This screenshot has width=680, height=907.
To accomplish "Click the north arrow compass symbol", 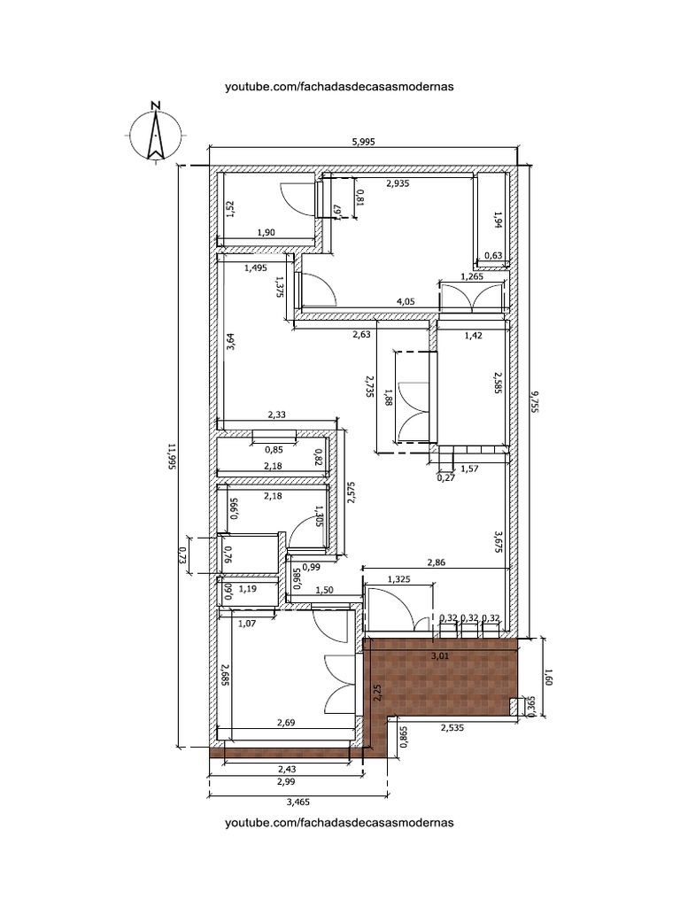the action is (x=155, y=135).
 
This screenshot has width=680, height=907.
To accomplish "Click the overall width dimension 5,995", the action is (x=363, y=142).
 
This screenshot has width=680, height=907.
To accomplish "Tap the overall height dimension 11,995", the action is (x=171, y=456).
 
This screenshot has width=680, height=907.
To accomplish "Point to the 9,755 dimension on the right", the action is (x=535, y=400).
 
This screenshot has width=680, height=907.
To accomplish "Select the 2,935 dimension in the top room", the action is (x=398, y=183).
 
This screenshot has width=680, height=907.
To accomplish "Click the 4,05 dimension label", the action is (x=406, y=302).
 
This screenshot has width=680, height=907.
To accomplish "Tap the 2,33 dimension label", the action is (x=277, y=415).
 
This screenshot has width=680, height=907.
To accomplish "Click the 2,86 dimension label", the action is (x=436, y=562).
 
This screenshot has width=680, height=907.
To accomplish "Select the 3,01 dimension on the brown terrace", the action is (x=441, y=656).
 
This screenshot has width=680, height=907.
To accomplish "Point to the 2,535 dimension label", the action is (x=452, y=728).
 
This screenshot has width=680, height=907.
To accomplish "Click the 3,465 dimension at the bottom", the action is (x=298, y=802).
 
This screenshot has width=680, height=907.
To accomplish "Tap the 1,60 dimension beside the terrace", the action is (x=549, y=677).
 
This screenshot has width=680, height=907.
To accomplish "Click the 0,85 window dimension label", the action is (x=274, y=449).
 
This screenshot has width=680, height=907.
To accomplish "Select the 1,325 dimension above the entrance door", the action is (x=399, y=578).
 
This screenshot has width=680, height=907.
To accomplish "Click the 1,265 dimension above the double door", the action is (x=473, y=276).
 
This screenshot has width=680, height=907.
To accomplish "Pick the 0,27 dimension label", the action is (x=446, y=477).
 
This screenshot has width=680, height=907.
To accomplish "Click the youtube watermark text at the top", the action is (x=339, y=87).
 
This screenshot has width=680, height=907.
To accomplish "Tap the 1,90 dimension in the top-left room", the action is (x=266, y=233).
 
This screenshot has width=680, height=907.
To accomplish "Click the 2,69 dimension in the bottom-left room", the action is (x=286, y=722).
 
